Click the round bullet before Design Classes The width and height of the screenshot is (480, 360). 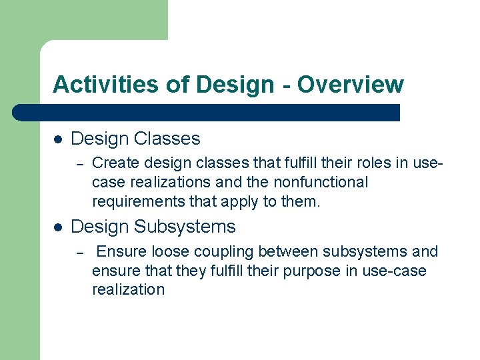click(x=58, y=139)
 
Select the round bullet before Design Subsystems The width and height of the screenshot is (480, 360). click(x=58, y=227)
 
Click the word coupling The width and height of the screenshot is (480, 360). click(x=223, y=252)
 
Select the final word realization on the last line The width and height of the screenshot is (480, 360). click(x=128, y=289)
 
